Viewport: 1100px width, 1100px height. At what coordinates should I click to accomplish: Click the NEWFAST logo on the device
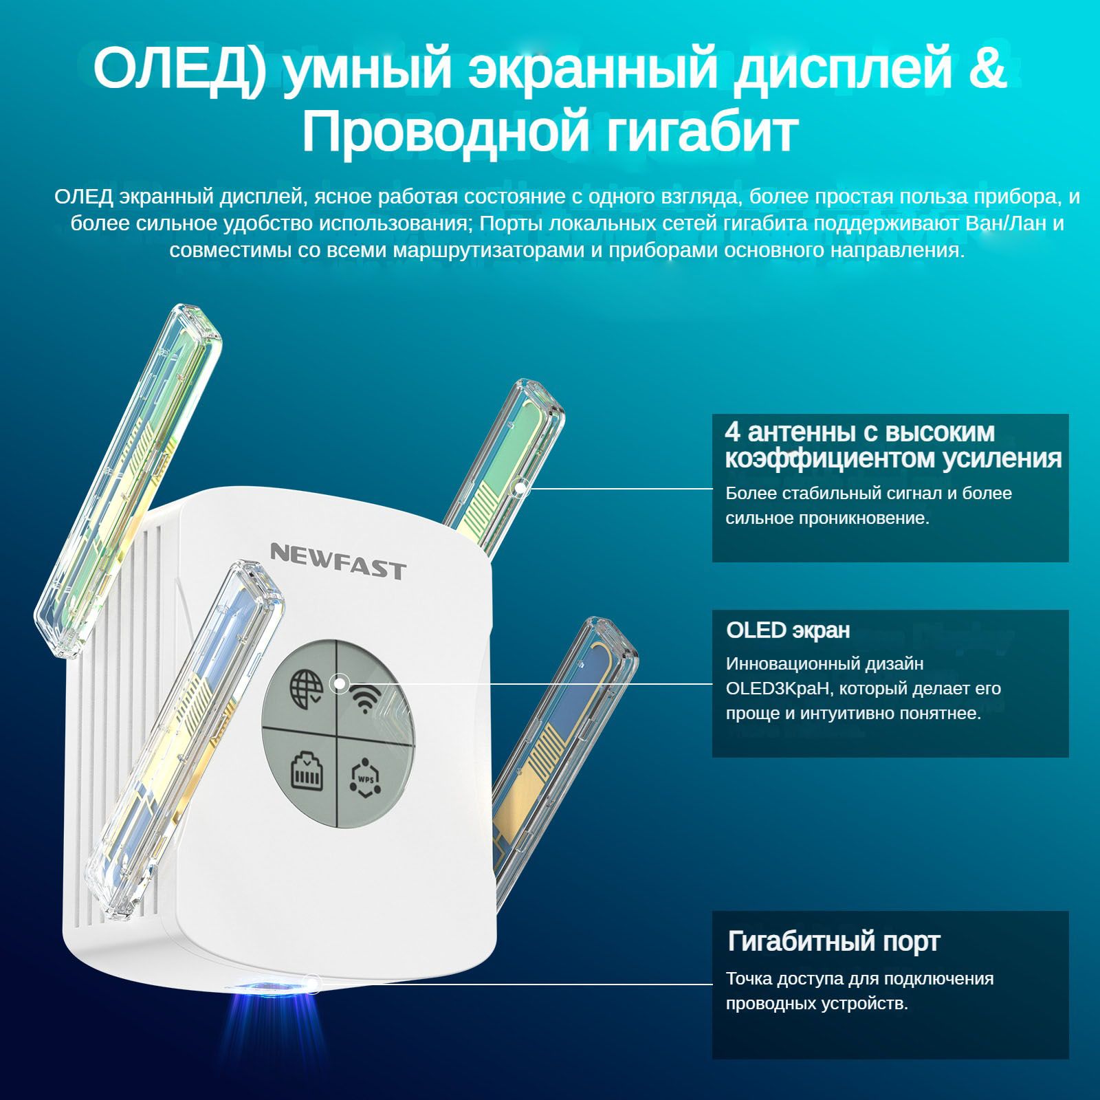pos(338,561)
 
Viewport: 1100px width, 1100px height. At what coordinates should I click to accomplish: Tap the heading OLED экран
pos(788,630)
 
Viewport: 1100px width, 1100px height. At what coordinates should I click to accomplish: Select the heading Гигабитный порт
pos(833,942)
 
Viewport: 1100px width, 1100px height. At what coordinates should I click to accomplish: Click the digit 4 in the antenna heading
pos(733,432)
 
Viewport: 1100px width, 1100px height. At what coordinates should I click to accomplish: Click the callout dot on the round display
pos(338,684)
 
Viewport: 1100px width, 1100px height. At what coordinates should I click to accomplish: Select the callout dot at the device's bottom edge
pos(313,984)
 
